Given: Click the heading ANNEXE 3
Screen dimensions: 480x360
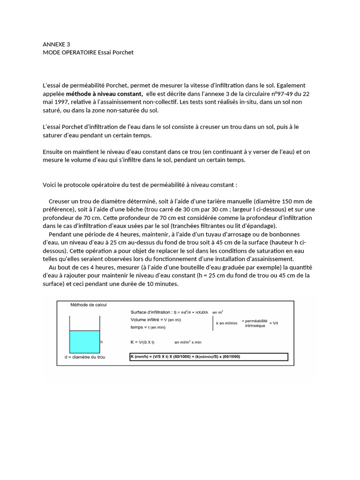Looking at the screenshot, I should (56, 45).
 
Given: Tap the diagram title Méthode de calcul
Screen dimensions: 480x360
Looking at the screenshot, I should (89, 305).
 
